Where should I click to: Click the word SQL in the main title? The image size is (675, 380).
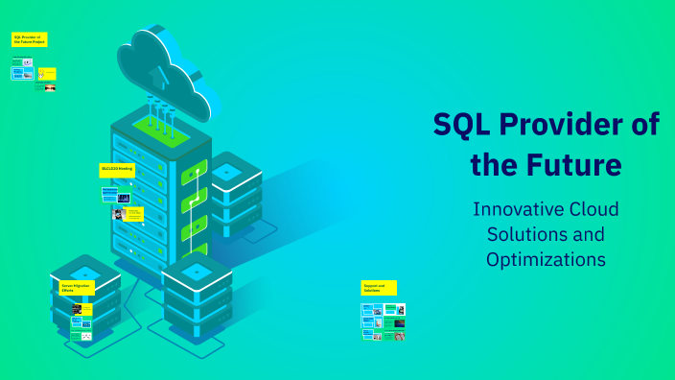(x=463, y=125)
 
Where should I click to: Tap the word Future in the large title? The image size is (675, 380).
(x=578, y=165)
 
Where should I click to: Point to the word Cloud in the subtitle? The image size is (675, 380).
(x=594, y=209)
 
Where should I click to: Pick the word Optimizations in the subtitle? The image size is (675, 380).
(x=546, y=259)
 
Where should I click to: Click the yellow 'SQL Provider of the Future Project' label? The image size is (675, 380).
(x=29, y=40)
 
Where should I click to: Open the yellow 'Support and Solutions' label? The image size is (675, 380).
(x=379, y=287)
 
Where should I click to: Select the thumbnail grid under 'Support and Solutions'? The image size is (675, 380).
(x=383, y=322)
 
